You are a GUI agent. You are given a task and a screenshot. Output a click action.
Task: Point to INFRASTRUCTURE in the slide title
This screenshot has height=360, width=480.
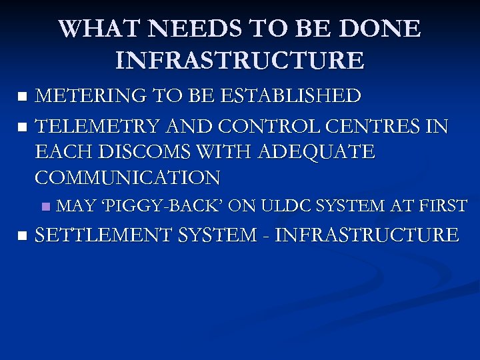point(240,61)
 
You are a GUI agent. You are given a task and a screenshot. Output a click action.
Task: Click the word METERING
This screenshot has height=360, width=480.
point(93,96)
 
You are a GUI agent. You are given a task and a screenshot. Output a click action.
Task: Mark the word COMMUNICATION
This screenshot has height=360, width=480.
point(127,178)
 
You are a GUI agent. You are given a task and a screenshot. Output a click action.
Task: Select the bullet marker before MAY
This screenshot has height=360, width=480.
point(45,207)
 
